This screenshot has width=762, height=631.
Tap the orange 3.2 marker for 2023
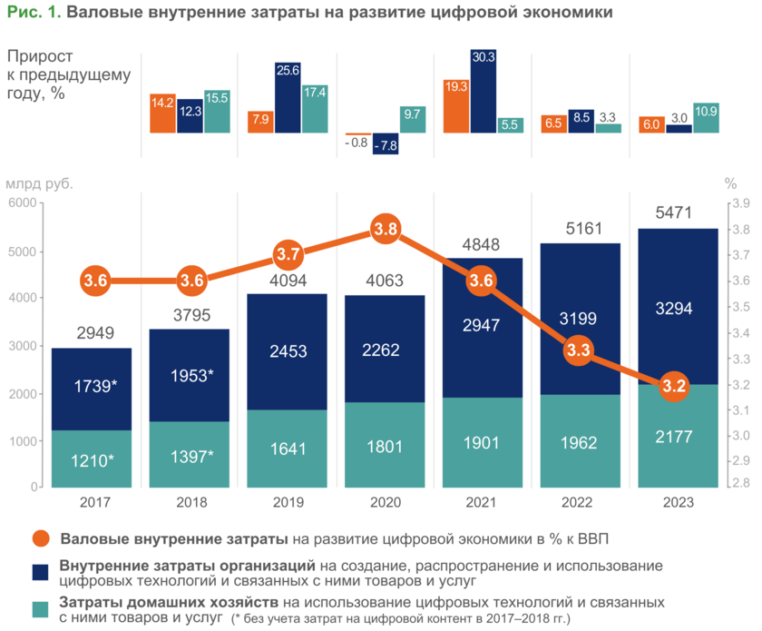pos(674,387)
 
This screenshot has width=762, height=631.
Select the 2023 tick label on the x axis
pos(678,502)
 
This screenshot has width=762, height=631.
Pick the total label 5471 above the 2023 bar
pos(678,214)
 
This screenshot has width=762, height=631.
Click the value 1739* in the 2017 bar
pos(92,385)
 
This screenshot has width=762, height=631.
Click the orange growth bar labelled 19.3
pos(456,105)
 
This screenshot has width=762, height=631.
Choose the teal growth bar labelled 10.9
pos(705,117)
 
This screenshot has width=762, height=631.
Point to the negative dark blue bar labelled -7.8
pos(386,143)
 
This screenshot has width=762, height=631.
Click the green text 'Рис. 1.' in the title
pos(33,13)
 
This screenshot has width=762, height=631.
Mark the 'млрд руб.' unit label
pos(40,182)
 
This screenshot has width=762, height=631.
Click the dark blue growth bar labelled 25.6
pos(288,97)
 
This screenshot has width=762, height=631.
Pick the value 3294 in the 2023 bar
pos(678,309)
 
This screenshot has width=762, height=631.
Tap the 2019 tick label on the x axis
pos(288,502)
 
